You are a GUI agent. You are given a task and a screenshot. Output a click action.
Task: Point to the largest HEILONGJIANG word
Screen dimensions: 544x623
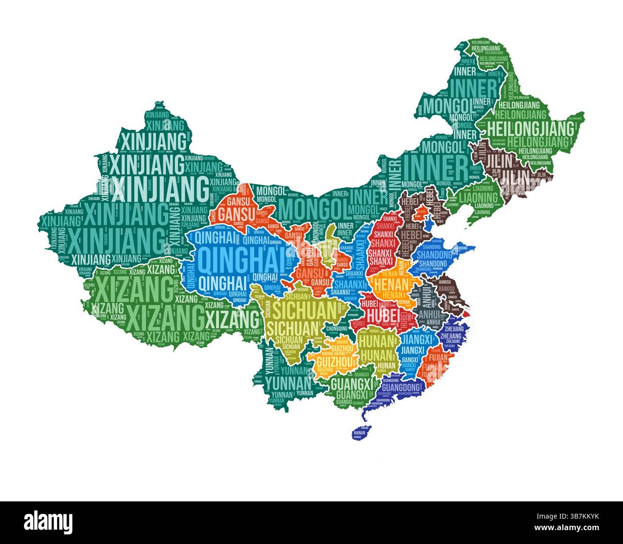click(531, 129)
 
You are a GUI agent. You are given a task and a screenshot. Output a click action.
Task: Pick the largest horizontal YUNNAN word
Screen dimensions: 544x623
click(288, 382)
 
